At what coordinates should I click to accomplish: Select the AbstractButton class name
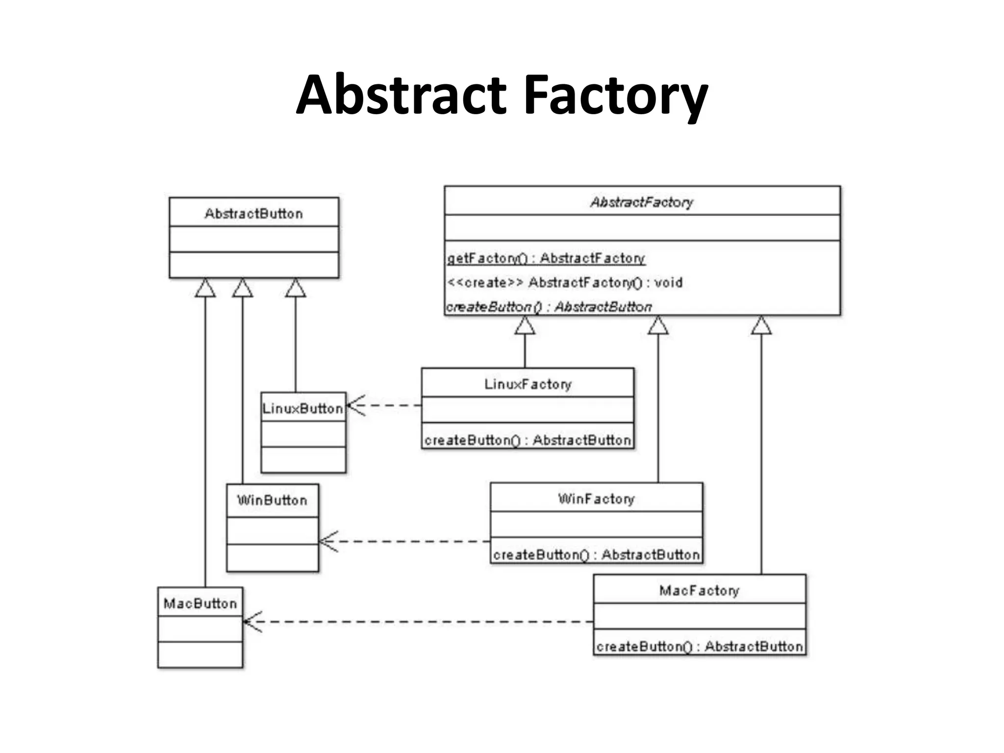253,213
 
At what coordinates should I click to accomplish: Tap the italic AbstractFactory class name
641,201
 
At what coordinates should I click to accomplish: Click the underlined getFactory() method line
546,258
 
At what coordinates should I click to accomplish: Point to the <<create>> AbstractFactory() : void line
564,282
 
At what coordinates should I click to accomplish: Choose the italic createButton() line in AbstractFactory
549,307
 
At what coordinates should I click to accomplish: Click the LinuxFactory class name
527,384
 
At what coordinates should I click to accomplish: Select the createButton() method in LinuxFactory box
527,440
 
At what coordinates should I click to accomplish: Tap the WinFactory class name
596,499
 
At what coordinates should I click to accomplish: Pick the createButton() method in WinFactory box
596,554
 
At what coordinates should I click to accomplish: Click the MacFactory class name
699,590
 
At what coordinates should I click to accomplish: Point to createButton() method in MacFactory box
699,646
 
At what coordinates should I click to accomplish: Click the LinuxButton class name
302,408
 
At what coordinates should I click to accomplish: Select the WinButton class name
272,500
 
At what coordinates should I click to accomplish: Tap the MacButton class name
200,603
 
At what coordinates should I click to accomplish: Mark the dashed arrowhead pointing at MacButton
251,622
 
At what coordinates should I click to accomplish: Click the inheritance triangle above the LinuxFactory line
525,326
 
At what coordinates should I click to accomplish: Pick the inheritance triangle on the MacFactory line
761,326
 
